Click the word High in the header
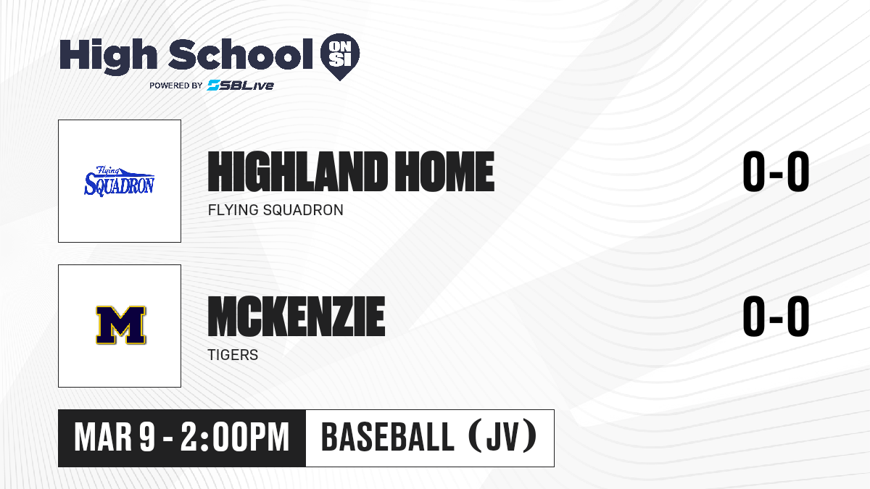tap(108, 56)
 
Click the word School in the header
tap(241, 54)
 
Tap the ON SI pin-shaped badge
tap(340, 57)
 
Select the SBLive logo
tap(241, 85)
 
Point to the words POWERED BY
tap(176, 85)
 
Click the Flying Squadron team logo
tap(120, 181)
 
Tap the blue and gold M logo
tap(121, 325)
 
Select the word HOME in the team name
tap(444, 172)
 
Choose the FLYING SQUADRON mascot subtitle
tap(275, 210)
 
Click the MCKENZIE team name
tap(297, 317)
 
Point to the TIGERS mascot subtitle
tap(233, 355)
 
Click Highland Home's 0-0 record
tap(776, 172)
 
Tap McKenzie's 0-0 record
tap(776, 317)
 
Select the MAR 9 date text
tap(115, 438)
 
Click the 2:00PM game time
tap(235, 438)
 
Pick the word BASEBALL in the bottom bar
tap(388, 438)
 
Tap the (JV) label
tap(503, 437)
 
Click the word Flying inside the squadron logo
tap(107, 170)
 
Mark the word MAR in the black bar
tap(103, 438)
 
